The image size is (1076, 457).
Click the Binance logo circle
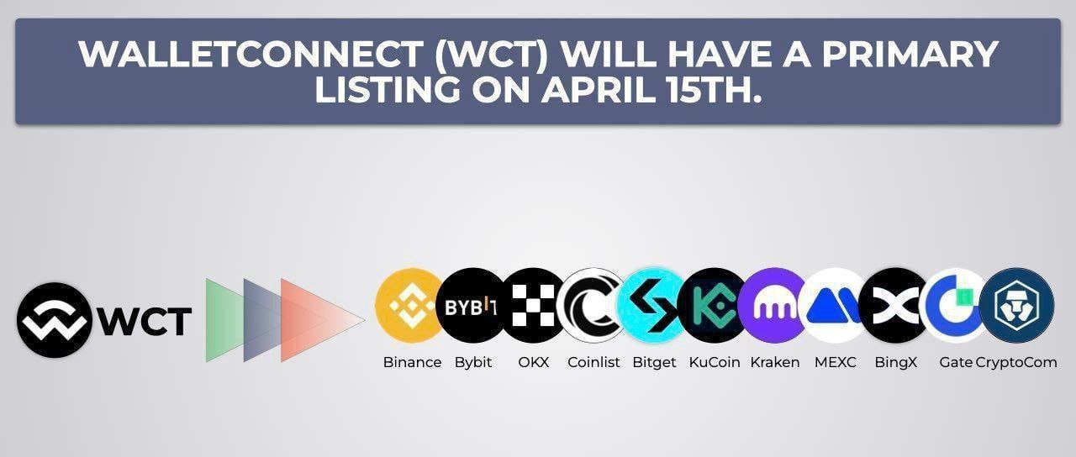pos(409,305)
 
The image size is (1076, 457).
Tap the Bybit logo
pos(471,305)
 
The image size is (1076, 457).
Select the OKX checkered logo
pos(533,305)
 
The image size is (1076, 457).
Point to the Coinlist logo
pos(593,305)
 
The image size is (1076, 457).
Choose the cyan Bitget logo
pos(653,305)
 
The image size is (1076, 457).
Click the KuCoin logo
pos(714,305)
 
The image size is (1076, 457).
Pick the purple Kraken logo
pos(773,305)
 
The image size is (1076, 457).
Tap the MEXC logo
pos(834,305)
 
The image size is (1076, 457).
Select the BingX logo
pos(894,305)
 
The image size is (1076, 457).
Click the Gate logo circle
pos(954,305)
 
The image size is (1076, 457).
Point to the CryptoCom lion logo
pos(1017,305)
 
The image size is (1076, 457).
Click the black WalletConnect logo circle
pos(55,320)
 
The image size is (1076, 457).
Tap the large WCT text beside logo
pos(144,322)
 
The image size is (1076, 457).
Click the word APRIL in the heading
pos(599,90)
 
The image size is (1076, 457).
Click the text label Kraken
pos(775,362)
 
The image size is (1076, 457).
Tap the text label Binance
pos(412,362)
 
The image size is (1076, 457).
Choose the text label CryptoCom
pos(1016,362)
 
